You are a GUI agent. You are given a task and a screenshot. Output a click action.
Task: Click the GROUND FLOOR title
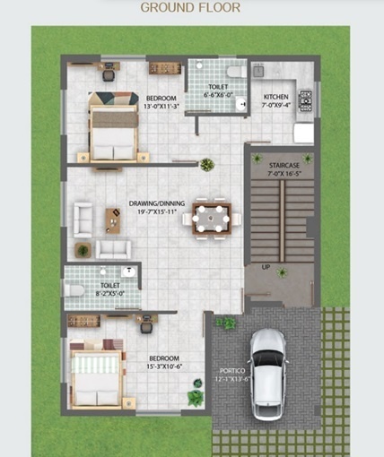(x=189, y=8)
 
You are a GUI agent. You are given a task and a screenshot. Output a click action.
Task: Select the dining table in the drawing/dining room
(x=213, y=216)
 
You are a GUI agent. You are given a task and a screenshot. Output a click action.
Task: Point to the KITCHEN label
(x=275, y=97)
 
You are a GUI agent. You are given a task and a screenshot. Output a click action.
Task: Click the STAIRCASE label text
(x=274, y=167)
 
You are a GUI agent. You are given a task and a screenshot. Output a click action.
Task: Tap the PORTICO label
(x=231, y=370)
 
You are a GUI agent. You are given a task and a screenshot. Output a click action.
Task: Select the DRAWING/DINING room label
(x=156, y=203)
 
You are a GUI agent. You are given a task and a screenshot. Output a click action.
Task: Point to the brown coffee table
(x=113, y=218)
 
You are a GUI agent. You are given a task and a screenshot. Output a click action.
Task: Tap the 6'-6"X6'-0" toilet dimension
(x=218, y=94)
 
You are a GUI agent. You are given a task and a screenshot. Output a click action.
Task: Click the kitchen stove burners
(x=304, y=99)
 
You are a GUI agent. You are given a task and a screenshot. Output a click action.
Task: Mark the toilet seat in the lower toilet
(x=74, y=289)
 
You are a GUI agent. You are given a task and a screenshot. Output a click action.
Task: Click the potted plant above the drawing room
(x=207, y=164)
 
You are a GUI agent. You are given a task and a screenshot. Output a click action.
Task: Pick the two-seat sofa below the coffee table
(x=113, y=249)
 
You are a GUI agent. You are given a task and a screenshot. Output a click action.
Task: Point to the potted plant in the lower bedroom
(x=195, y=397)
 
